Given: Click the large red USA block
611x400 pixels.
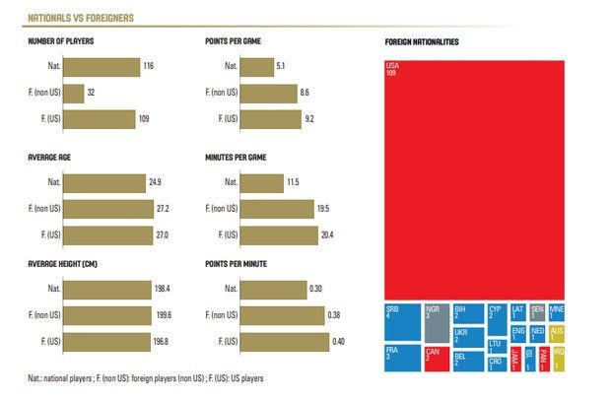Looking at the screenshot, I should click(474, 178).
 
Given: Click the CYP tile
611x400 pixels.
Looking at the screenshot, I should click(497, 319).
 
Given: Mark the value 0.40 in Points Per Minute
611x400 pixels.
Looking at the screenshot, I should click(338, 341).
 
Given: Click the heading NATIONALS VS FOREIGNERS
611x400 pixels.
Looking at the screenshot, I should click(82, 18).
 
